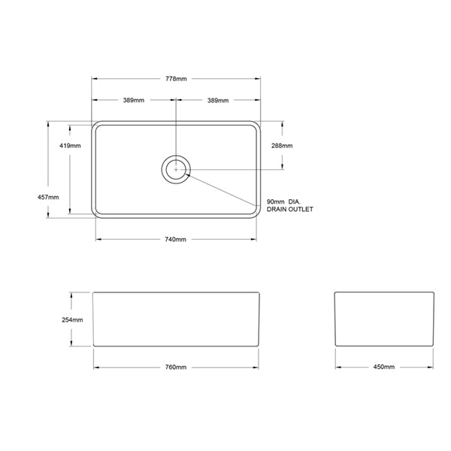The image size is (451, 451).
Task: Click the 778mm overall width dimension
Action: [x=176, y=79]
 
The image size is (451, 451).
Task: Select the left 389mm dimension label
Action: [x=135, y=101]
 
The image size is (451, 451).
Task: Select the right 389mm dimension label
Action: [x=218, y=101]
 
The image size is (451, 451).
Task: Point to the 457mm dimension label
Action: [x=47, y=197]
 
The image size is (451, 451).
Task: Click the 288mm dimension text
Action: [x=282, y=145]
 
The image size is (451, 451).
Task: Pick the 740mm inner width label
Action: [x=175, y=240]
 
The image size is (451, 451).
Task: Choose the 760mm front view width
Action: [x=175, y=368]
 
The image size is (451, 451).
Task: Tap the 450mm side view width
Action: [x=383, y=368]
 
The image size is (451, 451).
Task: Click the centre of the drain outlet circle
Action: [x=176, y=169]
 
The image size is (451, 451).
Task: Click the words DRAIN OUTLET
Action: [x=289, y=210]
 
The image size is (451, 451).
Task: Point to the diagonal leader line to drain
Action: [x=225, y=188]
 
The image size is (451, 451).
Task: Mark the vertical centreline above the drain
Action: [x=176, y=128]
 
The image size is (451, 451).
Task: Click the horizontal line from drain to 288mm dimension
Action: [x=233, y=169]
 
